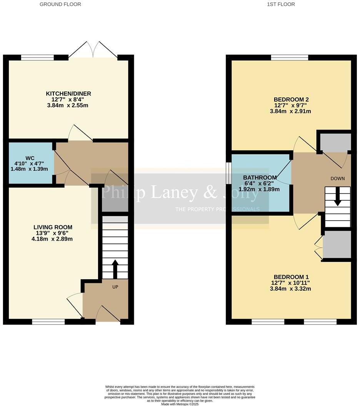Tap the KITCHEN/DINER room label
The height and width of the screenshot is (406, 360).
(x=68, y=94)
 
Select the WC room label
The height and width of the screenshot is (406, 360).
(x=30, y=158)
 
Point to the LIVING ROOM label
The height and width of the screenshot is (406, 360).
(x=53, y=227)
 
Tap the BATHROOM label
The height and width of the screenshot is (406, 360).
(x=260, y=178)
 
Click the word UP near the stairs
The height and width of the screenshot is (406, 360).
(x=115, y=287)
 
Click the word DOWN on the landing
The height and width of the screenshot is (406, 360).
(x=337, y=178)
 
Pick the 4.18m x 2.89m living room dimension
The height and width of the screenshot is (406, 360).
(x=53, y=239)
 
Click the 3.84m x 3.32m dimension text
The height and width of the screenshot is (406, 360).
(x=291, y=289)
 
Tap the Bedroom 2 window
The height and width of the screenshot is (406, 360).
(x=290, y=58)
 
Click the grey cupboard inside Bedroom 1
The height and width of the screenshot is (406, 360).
(x=337, y=245)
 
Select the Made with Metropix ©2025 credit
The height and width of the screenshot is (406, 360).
(x=180, y=404)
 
